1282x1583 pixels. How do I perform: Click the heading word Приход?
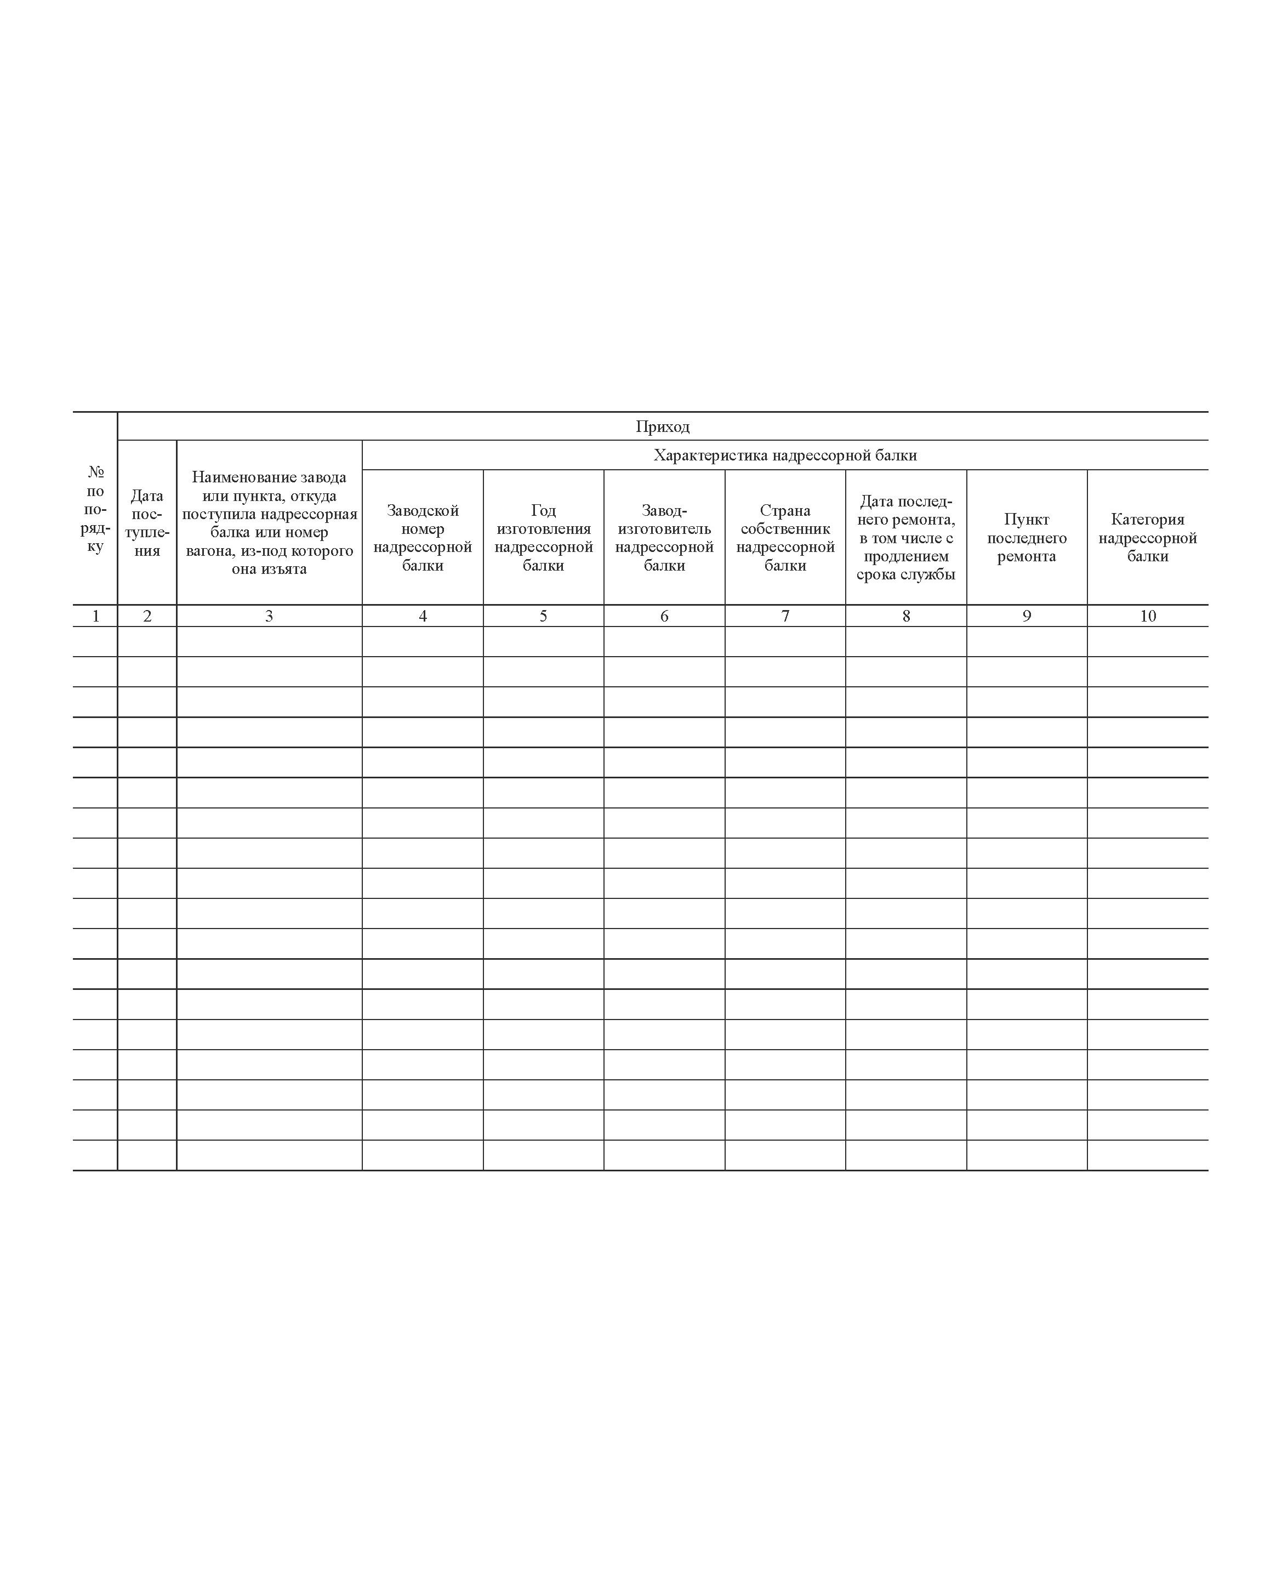663,427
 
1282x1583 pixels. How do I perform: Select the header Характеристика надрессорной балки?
785,455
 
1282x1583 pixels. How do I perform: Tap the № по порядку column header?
95,509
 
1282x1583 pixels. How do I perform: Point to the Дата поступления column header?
147,523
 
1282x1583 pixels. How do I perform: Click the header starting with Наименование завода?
269,523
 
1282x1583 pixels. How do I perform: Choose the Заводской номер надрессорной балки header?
423,538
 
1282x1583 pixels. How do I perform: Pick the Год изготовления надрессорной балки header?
544,538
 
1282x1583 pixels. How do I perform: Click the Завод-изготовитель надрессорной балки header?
664,538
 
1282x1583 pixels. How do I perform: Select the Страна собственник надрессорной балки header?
785,538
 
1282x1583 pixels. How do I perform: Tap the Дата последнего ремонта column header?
906,538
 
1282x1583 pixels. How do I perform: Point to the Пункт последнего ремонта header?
1027,538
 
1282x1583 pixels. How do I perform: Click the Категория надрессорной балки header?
1148,538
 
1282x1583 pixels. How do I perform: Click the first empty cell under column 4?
423,642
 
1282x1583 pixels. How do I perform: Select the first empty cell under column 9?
1027,642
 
